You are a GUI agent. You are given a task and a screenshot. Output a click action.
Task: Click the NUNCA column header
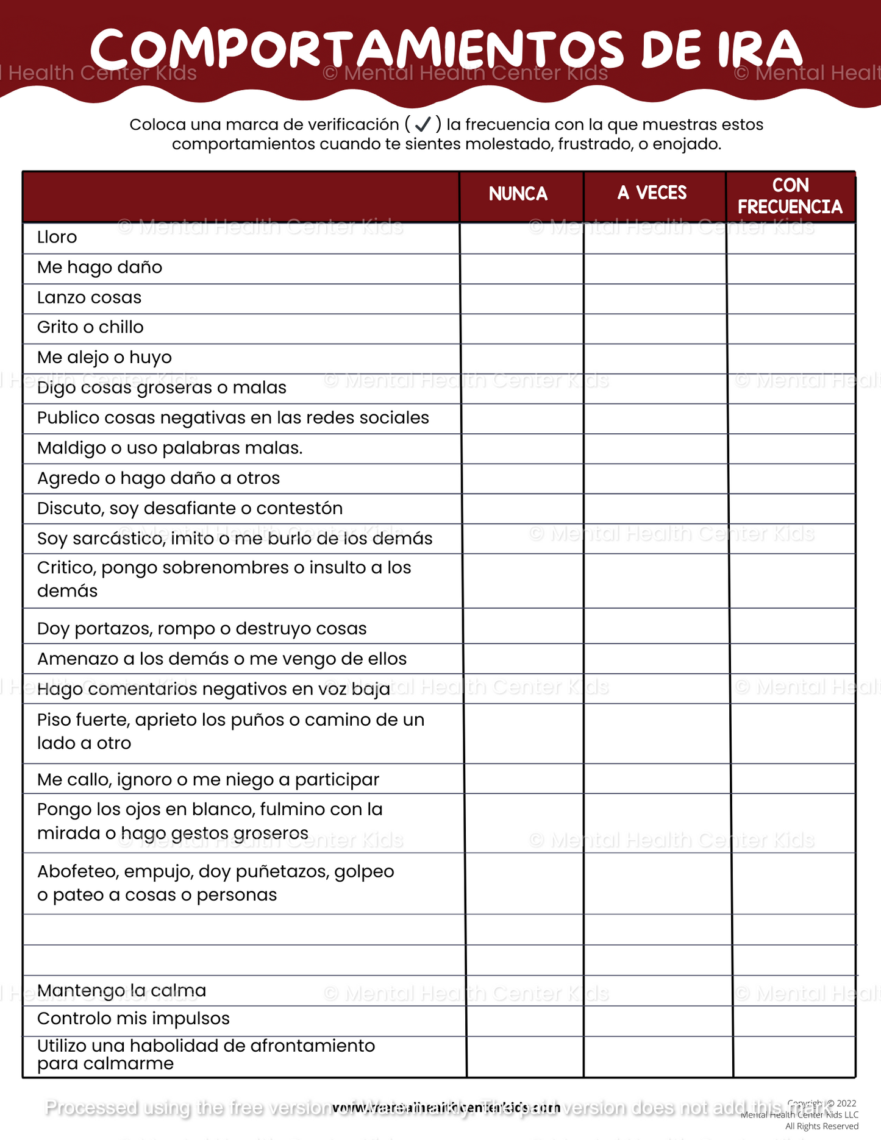click(x=518, y=194)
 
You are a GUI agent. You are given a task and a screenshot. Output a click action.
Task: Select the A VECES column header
click(x=652, y=194)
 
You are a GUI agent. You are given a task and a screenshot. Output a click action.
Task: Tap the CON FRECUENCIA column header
click(x=790, y=196)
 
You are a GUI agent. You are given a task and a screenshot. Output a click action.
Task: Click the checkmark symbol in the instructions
click(x=423, y=125)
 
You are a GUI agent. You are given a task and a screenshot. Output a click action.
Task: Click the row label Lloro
click(x=57, y=237)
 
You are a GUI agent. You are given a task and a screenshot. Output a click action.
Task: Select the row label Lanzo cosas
click(x=89, y=297)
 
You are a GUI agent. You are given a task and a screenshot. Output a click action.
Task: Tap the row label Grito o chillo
click(x=90, y=327)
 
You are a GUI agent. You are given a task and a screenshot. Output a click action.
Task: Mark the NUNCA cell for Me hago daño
click(x=522, y=269)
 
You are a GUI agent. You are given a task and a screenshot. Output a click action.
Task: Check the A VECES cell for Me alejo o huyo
click(x=655, y=359)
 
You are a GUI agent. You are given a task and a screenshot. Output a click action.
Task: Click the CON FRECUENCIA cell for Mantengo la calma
click(x=793, y=991)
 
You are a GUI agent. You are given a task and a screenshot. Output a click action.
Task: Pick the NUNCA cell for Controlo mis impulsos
click(x=525, y=1021)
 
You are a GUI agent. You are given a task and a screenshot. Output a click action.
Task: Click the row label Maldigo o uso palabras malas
click(x=169, y=448)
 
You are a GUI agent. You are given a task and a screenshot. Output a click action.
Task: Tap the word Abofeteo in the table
click(x=77, y=872)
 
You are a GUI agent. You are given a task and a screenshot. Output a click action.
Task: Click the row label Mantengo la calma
click(x=121, y=991)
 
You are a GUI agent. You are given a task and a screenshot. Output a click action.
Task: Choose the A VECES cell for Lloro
click(x=655, y=238)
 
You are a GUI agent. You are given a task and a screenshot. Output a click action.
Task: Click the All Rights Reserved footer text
click(x=821, y=1126)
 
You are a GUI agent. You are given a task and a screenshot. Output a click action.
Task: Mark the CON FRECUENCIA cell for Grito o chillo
click(x=791, y=329)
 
